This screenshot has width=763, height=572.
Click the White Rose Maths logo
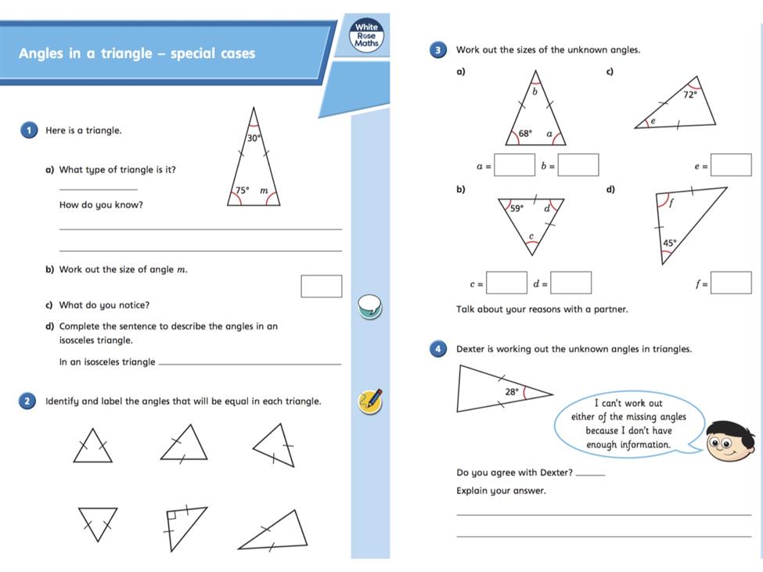point(366,36)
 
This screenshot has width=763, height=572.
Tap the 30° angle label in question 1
point(253,139)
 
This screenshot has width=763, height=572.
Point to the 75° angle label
point(243,190)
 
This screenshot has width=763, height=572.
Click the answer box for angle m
point(322,286)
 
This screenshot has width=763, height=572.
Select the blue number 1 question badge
point(29,130)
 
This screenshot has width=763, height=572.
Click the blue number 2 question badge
point(29,401)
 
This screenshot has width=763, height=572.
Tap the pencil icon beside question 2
point(370,401)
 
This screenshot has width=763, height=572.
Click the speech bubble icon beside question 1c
point(369,306)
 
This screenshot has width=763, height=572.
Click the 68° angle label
point(525,134)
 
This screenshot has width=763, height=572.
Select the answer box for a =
point(514,165)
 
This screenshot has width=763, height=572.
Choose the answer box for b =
point(578,165)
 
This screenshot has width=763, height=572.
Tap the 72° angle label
point(689,95)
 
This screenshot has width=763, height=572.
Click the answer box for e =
point(731,165)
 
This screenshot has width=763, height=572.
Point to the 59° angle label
point(517,209)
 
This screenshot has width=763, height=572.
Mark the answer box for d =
point(570,282)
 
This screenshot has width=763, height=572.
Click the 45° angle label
point(669,243)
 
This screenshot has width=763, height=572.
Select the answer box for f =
point(731,282)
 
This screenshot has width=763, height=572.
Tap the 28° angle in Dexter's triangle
point(512,391)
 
